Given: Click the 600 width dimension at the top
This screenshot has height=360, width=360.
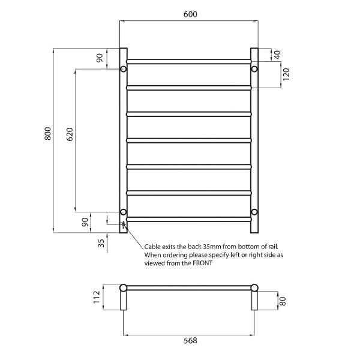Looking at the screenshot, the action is click(190, 14).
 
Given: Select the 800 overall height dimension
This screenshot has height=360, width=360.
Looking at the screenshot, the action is click(48, 133).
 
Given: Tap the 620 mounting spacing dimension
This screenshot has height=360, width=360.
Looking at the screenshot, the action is click(70, 134).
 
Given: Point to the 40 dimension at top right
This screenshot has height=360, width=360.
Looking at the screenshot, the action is click(277, 55).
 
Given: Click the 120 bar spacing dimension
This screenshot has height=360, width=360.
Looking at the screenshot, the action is click(286, 74).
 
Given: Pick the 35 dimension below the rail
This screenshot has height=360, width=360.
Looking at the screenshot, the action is click(101, 243).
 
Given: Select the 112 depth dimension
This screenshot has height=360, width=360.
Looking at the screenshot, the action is click(97, 298).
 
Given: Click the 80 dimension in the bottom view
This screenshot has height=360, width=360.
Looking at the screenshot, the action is click(283, 301).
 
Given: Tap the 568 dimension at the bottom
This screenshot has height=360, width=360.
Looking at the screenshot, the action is click(190, 340).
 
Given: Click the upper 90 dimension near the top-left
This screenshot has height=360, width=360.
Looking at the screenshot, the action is click(100, 58).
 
